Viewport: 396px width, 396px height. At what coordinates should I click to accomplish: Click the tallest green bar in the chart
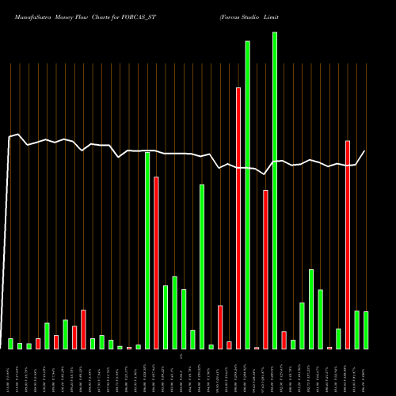coord(275,190)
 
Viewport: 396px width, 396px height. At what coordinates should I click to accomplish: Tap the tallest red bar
coord(238,218)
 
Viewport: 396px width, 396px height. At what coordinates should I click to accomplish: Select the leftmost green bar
coord(10,343)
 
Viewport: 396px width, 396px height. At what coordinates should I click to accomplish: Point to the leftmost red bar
coord(38,343)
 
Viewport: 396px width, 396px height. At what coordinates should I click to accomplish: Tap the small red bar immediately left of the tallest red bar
coord(229,345)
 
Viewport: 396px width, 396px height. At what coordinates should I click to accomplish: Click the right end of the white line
coord(365,151)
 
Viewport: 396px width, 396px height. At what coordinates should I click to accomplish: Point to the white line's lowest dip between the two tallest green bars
coord(265,174)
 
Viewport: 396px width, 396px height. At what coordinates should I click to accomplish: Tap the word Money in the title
coord(72,15)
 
